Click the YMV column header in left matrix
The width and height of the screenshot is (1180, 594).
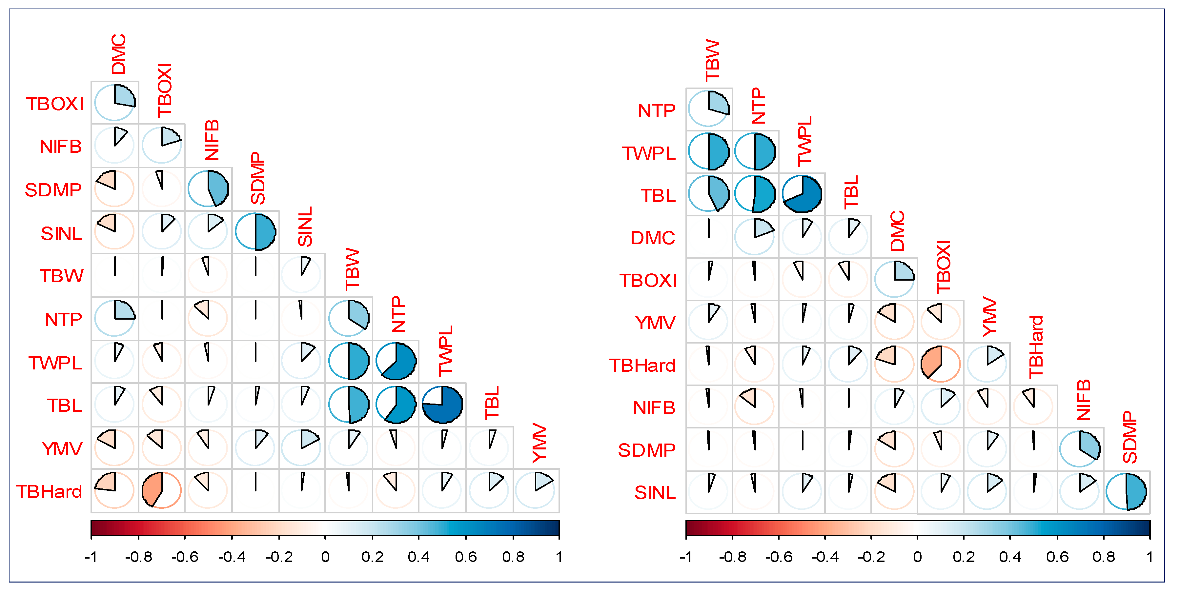[x=539, y=443]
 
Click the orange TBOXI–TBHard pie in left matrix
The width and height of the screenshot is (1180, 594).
[x=161, y=490]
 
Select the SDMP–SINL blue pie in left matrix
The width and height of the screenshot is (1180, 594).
[x=255, y=232]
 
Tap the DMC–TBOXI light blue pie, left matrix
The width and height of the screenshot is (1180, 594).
[x=114, y=103]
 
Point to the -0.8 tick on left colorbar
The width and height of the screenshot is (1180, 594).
[x=138, y=557]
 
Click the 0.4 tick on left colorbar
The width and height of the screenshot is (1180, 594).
[x=419, y=557]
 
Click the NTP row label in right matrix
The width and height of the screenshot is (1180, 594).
[x=657, y=111]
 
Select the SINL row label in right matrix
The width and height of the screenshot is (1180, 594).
[x=655, y=493]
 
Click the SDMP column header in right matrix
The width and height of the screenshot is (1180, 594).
[x=1129, y=437]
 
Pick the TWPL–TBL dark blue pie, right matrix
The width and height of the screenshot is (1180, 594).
[x=802, y=194]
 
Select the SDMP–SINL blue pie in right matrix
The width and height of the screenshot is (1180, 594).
[x=1127, y=492]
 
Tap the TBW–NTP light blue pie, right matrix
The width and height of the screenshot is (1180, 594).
[x=709, y=109]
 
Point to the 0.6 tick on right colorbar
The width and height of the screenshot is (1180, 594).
[x=1057, y=557]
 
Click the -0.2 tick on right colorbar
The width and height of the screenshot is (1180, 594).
[x=871, y=557]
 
